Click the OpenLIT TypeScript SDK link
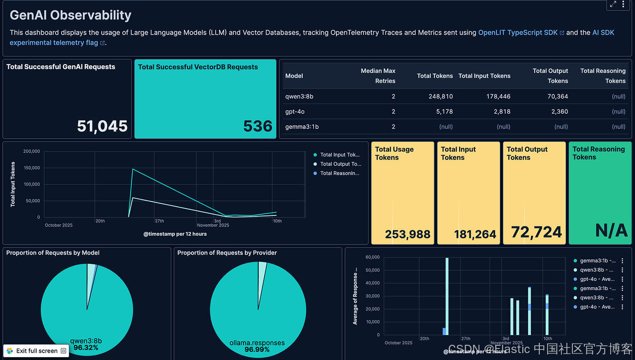(518, 33)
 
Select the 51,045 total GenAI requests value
(102, 126)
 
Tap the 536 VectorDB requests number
(258, 126)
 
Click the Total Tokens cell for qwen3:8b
(435, 97)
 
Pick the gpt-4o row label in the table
(295, 111)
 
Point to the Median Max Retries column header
(378, 75)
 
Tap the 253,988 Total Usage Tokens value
(408, 234)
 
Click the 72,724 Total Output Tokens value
(537, 232)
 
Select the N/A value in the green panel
(611, 231)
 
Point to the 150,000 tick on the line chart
(32, 168)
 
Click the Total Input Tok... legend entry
(340, 155)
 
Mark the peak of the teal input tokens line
(133, 169)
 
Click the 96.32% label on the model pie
(86, 348)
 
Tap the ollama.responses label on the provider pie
(257, 343)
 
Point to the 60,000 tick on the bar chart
(372, 257)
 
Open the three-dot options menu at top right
(623, 5)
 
